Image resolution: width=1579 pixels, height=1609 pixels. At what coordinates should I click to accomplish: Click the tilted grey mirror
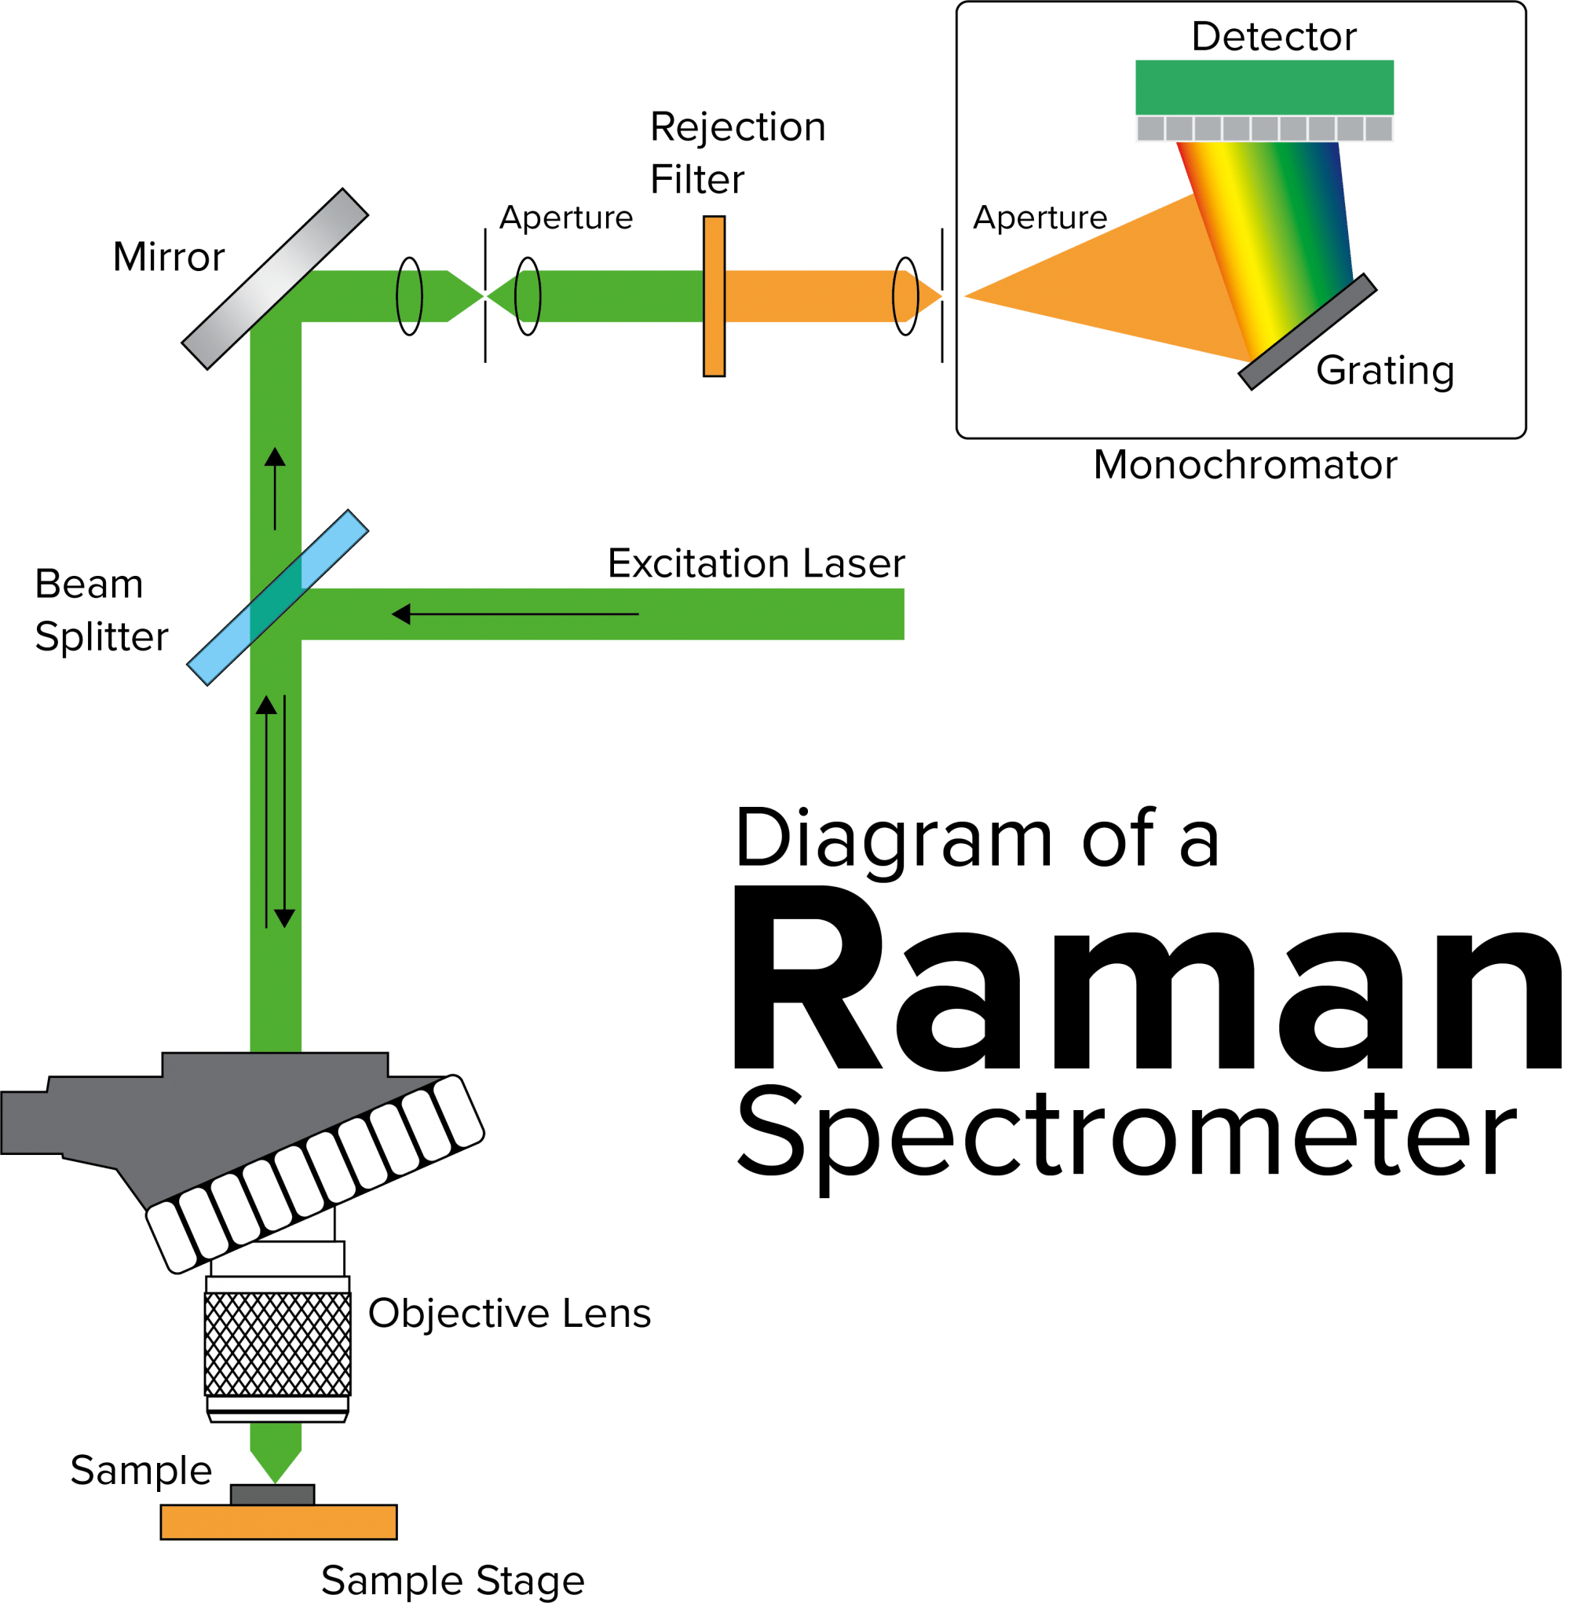click(275, 278)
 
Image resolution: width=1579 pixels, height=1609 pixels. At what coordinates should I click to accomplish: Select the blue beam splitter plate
click(277, 597)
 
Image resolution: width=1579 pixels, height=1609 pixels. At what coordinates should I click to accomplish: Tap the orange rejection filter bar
click(714, 296)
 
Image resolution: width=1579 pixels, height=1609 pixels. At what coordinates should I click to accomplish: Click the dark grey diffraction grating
click(1307, 331)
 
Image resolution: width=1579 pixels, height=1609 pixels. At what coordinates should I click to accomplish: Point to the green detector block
click(1264, 87)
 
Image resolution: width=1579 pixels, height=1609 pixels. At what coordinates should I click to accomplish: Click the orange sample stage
click(279, 1522)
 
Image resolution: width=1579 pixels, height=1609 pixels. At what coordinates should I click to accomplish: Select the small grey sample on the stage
click(272, 1494)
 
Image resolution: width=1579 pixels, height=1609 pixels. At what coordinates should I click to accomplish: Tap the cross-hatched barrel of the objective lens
click(278, 1344)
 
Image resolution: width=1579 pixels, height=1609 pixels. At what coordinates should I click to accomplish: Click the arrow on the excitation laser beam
click(514, 614)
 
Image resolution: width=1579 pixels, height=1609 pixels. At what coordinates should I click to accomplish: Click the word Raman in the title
click(1145, 984)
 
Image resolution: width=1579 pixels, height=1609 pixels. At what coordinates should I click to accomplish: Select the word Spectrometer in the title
click(1126, 1137)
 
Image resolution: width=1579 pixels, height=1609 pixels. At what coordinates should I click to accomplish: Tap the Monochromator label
click(1245, 464)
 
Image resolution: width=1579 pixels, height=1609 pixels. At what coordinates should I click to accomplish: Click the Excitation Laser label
click(756, 564)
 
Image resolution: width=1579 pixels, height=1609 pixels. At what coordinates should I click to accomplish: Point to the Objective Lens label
click(510, 1314)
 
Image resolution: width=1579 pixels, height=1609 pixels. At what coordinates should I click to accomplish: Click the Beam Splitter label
click(101, 610)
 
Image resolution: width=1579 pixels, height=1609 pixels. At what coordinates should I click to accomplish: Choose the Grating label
click(1385, 371)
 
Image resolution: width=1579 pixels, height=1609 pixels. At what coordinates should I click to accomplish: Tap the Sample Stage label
click(453, 1581)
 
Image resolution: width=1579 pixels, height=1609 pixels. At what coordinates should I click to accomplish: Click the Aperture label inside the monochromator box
click(1040, 218)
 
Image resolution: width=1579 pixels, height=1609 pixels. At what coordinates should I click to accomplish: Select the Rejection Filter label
click(737, 153)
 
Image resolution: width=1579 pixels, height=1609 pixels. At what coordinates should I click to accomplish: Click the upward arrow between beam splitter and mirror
click(276, 488)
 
